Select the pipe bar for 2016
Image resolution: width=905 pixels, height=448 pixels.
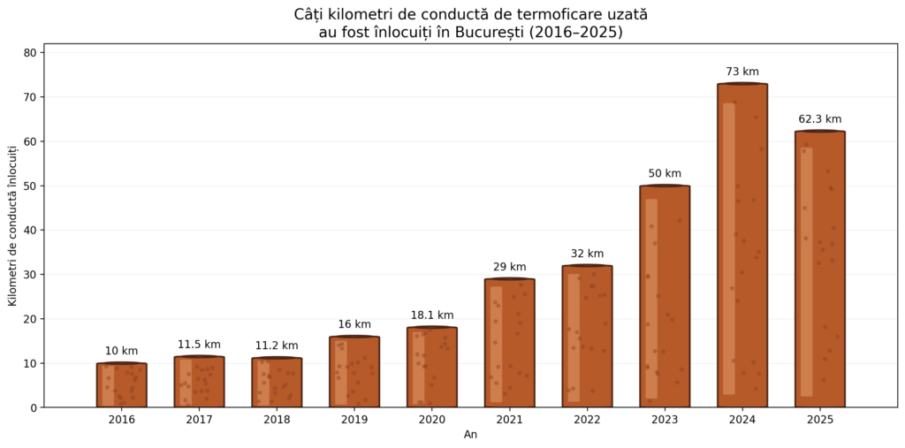point(122,385)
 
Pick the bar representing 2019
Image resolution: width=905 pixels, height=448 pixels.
point(354,372)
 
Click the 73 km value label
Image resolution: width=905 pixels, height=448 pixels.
point(742,72)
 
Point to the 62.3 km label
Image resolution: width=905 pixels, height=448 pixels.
point(819,119)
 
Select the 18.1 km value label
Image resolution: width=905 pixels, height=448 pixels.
point(432,315)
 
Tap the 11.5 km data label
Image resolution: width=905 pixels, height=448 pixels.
point(199,345)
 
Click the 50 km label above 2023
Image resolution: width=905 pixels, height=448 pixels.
point(665,173)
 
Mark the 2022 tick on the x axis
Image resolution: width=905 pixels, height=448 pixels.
point(587,419)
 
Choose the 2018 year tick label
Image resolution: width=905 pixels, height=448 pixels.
point(277,419)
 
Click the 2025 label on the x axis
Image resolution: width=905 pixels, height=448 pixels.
point(819,419)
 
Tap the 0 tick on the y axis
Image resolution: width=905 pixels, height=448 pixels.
point(34,408)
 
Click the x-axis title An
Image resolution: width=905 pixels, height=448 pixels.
point(470,435)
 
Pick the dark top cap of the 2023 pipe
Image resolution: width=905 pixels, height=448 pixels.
point(665,186)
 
